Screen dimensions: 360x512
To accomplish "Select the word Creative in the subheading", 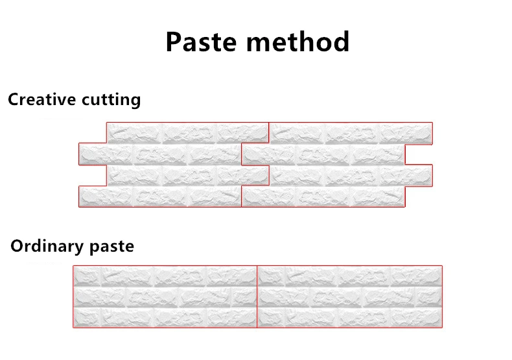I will click(42, 100).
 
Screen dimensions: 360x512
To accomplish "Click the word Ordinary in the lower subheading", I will click(47, 246).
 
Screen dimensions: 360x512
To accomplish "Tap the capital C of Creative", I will click(13, 100).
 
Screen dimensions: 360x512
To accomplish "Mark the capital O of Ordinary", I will click(17, 246).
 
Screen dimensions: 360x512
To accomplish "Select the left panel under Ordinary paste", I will click(165, 296).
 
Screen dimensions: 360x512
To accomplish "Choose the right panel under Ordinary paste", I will click(350, 296).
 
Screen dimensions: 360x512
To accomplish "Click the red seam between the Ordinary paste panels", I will click(257, 296).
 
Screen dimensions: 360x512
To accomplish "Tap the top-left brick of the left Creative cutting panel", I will click(134, 133).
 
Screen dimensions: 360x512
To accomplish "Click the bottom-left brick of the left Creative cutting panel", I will click(106, 197).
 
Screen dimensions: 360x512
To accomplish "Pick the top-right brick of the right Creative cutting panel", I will click(406, 133).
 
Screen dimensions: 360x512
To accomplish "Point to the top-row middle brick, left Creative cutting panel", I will click(188, 133).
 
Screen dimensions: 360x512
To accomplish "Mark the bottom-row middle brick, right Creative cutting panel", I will click(323, 197).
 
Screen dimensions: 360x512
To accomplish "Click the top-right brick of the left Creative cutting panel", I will click(242, 133).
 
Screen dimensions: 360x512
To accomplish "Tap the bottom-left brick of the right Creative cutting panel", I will click(269, 197).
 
